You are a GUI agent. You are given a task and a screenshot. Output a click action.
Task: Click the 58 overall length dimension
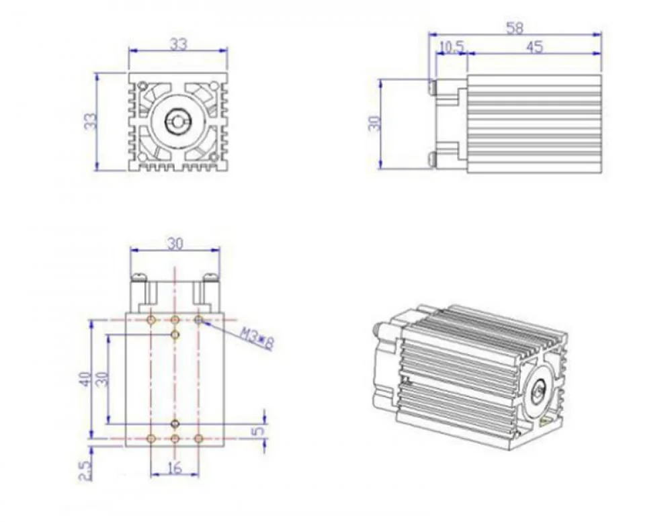click(515, 28)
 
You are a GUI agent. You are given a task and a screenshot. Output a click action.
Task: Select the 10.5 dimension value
click(450, 47)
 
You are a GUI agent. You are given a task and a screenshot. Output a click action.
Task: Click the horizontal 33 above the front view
click(178, 44)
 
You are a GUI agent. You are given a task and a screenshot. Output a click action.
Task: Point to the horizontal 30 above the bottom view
click(175, 244)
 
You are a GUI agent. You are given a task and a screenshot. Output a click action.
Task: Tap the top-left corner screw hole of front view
click(142, 85)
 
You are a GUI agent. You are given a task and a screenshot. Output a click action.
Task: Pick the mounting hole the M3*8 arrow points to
click(198, 320)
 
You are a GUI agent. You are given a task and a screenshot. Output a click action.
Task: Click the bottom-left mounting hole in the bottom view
click(151, 438)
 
